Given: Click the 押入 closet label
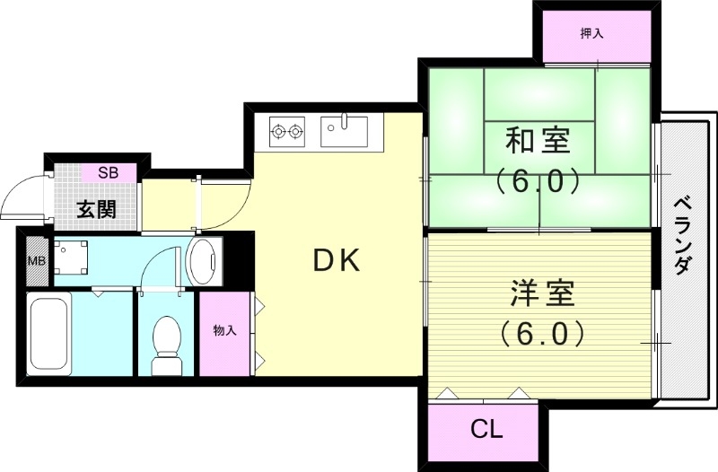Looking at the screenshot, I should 591,34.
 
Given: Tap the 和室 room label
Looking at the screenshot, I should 538,141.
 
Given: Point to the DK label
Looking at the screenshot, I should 336,261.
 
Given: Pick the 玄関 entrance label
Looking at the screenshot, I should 96,210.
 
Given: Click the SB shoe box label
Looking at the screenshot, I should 108,171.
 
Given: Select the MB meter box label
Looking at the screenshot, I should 36,261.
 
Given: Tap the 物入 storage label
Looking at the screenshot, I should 224,331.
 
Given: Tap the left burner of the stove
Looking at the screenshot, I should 277,133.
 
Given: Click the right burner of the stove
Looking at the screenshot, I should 295,133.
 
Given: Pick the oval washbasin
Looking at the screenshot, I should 205,260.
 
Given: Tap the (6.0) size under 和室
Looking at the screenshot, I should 537,182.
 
